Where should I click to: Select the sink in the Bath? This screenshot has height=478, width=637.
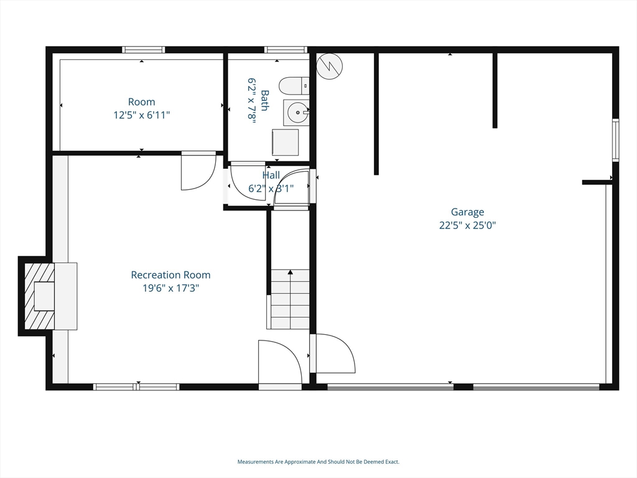(x=297, y=113)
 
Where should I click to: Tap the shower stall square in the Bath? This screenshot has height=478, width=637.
(x=286, y=143)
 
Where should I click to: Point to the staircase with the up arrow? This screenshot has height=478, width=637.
(x=290, y=299)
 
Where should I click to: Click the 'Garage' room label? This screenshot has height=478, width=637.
(x=467, y=212)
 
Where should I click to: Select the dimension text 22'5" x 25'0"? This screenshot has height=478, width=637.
(x=467, y=225)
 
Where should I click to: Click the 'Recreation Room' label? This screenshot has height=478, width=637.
(x=170, y=274)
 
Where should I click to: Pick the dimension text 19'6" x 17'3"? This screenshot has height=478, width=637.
(x=170, y=288)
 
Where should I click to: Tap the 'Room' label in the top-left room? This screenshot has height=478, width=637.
(x=142, y=101)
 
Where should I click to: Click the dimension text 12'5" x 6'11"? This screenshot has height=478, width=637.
(x=142, y=115)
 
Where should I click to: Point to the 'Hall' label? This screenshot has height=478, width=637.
(x=271, y=176)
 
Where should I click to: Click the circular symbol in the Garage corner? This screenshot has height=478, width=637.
(x=328, y=66)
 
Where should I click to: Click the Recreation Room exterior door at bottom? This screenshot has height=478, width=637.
(x=279, y=364)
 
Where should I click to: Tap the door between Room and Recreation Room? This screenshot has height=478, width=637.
(x=198, y=171)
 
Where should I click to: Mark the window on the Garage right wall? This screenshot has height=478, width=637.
(x=615, y=141)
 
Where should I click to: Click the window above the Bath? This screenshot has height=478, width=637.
(x=286, y=50)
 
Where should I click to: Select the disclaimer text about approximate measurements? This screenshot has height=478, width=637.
(x=318, y=462)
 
